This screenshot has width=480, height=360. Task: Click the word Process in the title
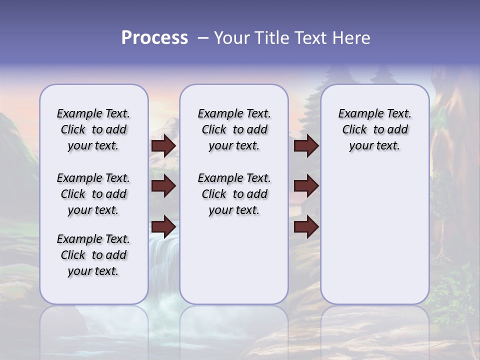pyautogui.click(x=154, y=38)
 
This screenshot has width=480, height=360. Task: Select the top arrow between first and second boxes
pyautogui.click(x=163, y=146)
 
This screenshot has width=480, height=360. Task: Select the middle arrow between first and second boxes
pyautogui.click(x=163, y=186)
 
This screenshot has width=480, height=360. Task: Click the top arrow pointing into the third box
pyautogui.click(x=306, y=146)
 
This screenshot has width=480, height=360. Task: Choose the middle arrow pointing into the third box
pyautogui.click(x=306, y=186)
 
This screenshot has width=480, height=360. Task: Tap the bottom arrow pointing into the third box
pyautogui.click(x=306, y=227)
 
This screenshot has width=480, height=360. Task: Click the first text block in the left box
pyautogui.click(x=93, y=129)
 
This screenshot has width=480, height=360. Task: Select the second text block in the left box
pyautogui.click(x=93, y=194)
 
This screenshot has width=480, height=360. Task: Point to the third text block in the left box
pyautogui.click(x=93, y=255)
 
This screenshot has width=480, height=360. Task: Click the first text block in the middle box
pyautogui.click(x=234, y=129)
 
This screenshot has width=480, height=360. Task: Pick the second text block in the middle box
pyautogui.click(x=234, y=194)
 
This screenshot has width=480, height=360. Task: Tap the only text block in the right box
pyautogui.click(x=374, y=129)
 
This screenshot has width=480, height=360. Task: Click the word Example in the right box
pyautogui.click(x=357, y=114)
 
